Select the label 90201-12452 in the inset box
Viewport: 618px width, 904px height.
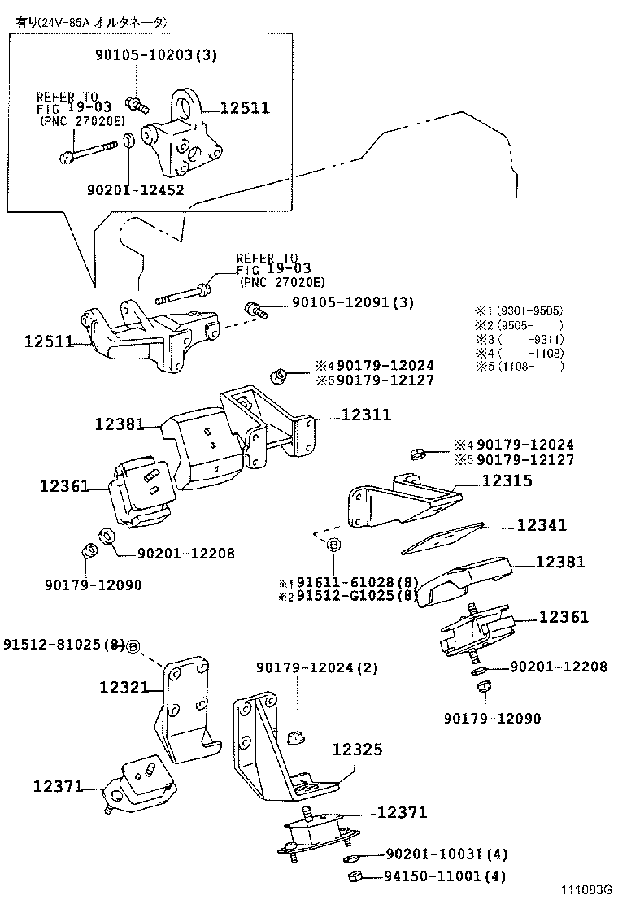coord(135,189)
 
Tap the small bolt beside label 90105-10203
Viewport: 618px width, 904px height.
coord(136,103)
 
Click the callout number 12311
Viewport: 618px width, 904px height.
coord(366,415)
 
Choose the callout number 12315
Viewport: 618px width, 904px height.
coord(507,481)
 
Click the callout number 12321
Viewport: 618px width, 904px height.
coord(124,688)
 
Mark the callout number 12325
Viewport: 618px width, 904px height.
coord(356,750)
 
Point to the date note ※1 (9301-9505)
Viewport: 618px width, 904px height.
coord(519,311)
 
